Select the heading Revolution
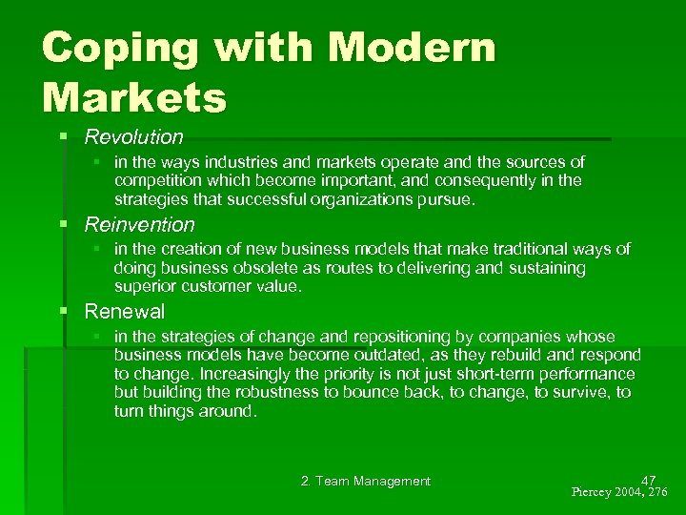point(133,137)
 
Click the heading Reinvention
point(139,225)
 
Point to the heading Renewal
point(125,311)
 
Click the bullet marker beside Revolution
point(63,137)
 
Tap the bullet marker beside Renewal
point(63,312)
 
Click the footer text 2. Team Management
point(365,482)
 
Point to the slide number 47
point(649,480)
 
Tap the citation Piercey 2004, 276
point(620,493)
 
